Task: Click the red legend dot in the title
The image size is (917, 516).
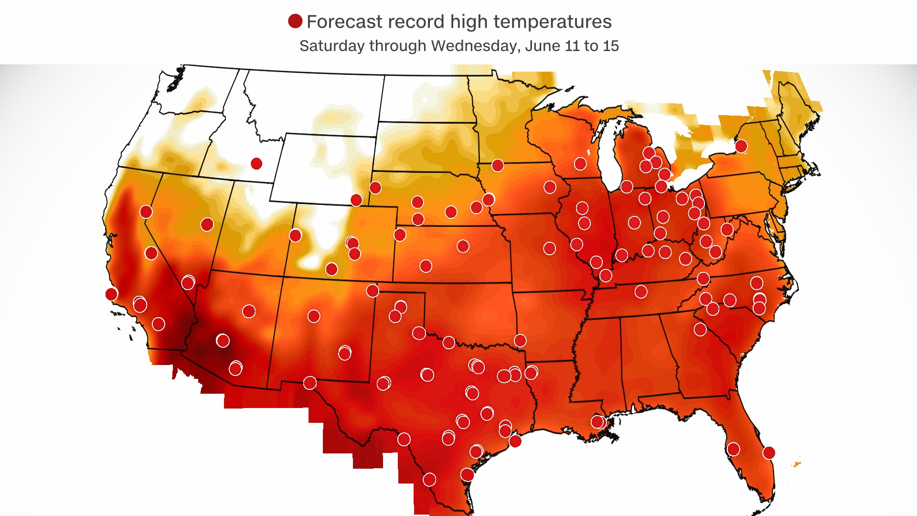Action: (295, 21)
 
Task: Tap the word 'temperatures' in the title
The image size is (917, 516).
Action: (552, 22)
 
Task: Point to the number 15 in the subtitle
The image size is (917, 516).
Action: (610, 46)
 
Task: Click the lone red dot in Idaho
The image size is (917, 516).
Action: (256, 164)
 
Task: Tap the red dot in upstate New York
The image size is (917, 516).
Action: (741, 146)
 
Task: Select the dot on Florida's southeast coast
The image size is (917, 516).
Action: (768, 452)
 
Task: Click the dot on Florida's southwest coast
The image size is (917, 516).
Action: (733, 449)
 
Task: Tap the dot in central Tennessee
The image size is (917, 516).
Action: (641, 291)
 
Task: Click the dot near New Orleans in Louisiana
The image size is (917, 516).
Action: (597, 421)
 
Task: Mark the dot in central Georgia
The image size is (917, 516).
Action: (700, 329)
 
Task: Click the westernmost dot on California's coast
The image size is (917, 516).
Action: (111, 294)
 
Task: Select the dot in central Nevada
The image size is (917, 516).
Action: (207, 225)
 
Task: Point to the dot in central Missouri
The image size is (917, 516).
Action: (549, 248)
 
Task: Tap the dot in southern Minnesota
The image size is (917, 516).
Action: (497, 165)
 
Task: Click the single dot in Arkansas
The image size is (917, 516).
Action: (520, 341)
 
